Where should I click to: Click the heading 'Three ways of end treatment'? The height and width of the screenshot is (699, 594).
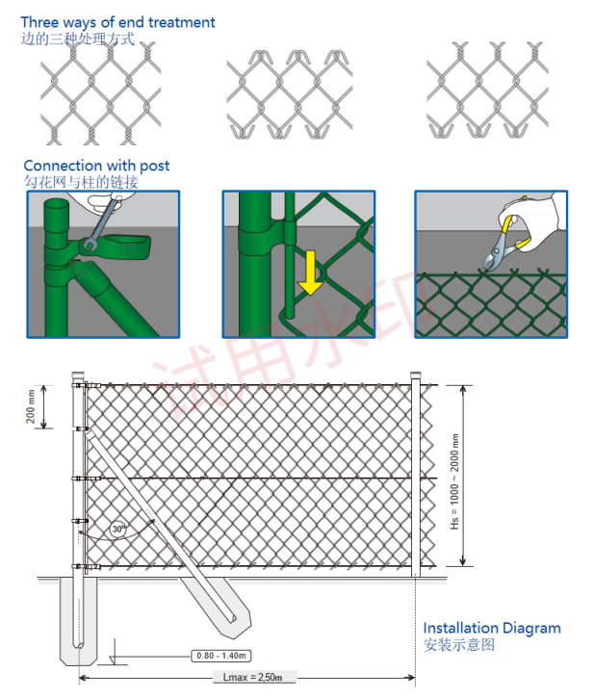click(117, 22)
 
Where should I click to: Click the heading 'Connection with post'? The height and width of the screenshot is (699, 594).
click(96, 166)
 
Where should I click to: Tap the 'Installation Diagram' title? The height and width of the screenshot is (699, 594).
click(492, 628)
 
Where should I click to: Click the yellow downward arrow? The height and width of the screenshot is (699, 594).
click(311, 272)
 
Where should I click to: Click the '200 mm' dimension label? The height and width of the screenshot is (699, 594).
click(30, 406)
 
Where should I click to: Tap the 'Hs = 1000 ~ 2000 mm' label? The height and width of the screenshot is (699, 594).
click(454, 482)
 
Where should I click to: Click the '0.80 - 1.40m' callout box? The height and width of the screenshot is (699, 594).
click(221, 656)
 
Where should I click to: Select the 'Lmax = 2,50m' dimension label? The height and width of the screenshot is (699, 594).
click(252, 677)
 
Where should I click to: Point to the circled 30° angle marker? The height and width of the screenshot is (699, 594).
click(118, 529)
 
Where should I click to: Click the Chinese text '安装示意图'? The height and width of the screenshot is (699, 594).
click(459, 645)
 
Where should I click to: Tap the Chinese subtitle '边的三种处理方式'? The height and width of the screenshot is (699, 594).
click(78, 39)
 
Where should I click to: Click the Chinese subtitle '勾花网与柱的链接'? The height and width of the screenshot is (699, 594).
click(81, 182)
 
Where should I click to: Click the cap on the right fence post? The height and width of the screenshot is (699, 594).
click(415, 375)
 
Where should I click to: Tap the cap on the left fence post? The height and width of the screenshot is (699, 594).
click(78, 375)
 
